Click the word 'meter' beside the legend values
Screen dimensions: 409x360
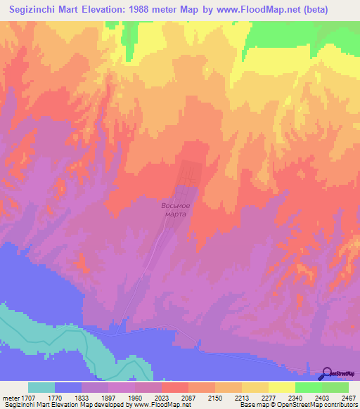tap(10, 397)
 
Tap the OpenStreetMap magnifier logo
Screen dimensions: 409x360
tap(327, 374)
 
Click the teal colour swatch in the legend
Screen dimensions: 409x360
tap(41, 387)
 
